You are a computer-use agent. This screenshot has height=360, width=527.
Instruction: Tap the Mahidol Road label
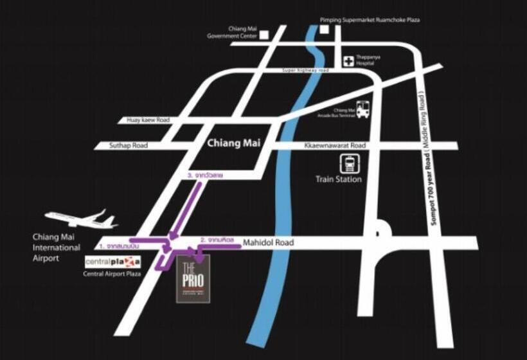(x=268, y=243)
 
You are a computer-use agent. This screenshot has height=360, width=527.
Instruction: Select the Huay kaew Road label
(x=148, y=120)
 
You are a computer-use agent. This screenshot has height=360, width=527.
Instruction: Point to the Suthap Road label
(x=130, y=146)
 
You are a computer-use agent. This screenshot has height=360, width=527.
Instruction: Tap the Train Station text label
(x=339, y=179)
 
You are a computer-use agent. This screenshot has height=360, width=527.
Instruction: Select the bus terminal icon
(x=363, y=110)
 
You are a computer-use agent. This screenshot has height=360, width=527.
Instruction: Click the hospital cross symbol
(x=349, y=61)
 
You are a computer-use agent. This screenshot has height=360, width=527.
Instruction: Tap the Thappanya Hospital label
(x=369, y=60)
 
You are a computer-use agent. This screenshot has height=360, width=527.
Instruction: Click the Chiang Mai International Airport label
(x=57, y=248)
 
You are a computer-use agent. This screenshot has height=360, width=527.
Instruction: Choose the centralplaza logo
(x=112, y=262)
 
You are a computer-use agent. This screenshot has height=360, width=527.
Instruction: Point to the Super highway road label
(x=305, y=69)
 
